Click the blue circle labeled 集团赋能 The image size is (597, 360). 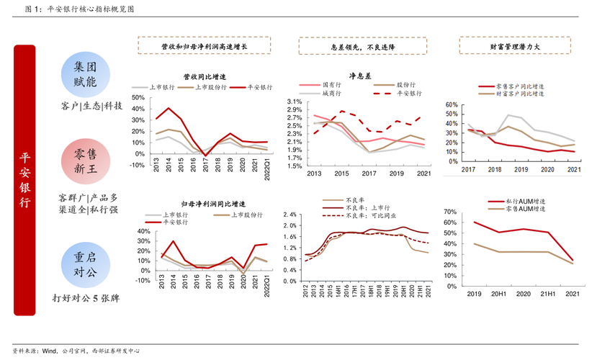pos(85,74)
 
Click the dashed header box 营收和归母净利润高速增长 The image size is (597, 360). pos(204,47)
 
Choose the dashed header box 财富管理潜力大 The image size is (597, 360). pos(515,47)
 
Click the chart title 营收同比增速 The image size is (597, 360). pos(205,76)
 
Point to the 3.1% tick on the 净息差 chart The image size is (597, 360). pos(293,102)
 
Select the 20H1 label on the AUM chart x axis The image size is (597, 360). pos(498,294)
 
